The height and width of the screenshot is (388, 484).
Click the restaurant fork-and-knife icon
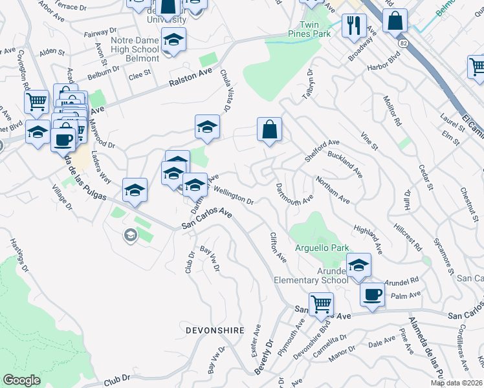coord(353,26)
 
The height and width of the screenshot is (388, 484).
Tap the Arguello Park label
coord(322,248)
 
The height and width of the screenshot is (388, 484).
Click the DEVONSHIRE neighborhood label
coord(215,330)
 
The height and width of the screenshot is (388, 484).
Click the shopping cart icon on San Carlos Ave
coord(321,303)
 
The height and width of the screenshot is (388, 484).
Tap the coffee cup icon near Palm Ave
coord(372,294)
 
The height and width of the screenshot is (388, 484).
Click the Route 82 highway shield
coord(404,43)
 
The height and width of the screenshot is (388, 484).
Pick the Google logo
coord(22,380)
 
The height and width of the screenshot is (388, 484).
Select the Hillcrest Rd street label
coord(408,238)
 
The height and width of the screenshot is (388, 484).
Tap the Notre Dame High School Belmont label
coord(135,49)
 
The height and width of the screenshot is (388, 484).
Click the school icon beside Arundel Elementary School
coord(358,264)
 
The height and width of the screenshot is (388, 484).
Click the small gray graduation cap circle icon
coord(130,236)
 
